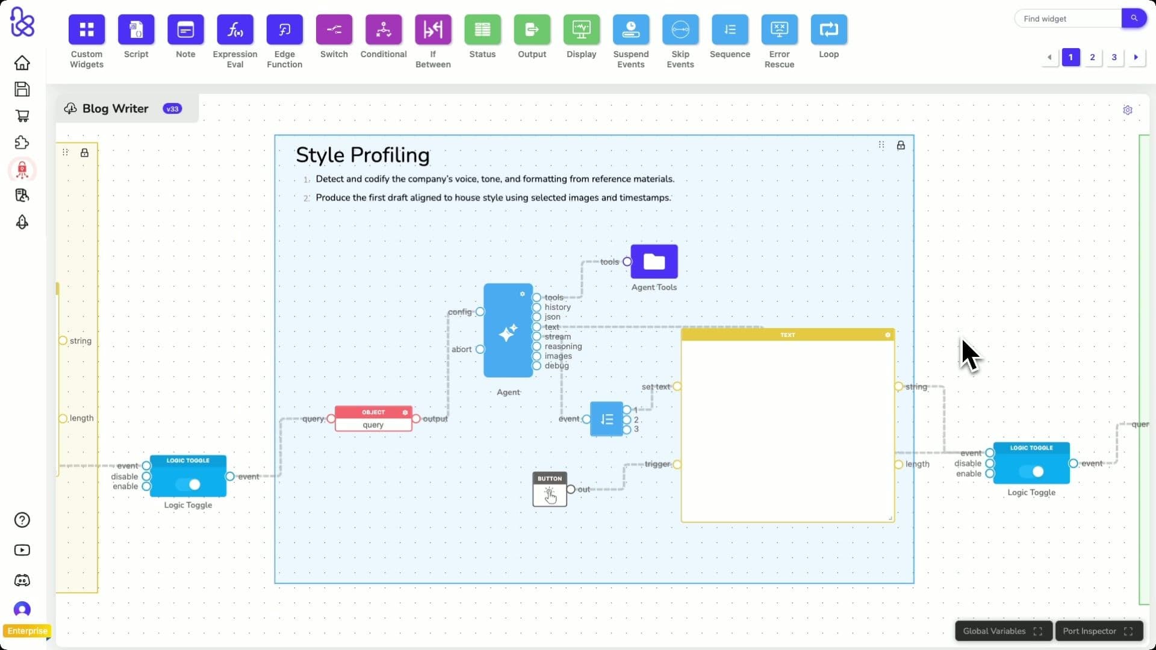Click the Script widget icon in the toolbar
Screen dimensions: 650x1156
(x=136, y=29)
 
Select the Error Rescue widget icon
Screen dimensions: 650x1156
(x=779, y=29)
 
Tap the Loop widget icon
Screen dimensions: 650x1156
(x=828, y=29)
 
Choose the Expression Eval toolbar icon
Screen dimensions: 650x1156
(x=235, y=29)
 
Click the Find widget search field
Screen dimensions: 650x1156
(x=1068, y=19)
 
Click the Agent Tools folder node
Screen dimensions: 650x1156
(x=654, y=262)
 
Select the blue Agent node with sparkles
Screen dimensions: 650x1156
(x=508, y=330)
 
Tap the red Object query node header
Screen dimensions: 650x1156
(x=373, y=412)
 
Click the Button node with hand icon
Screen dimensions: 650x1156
(x=550, y=489)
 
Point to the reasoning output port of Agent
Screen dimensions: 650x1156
(x=536, y=347)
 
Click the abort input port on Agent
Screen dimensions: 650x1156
(x=480, y=349)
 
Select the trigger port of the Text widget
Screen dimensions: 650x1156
(x=677, y=464)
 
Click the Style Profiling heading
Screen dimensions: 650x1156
(x=362, y=155)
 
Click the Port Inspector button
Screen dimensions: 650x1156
(x=1098, y=631)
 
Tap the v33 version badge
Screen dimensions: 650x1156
(x=172, y=109)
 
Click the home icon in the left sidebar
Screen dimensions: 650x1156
(x=22, y=63)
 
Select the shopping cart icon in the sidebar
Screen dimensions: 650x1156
(x=22, y=116)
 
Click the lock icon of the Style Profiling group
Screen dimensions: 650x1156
(x=901, y=145)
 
